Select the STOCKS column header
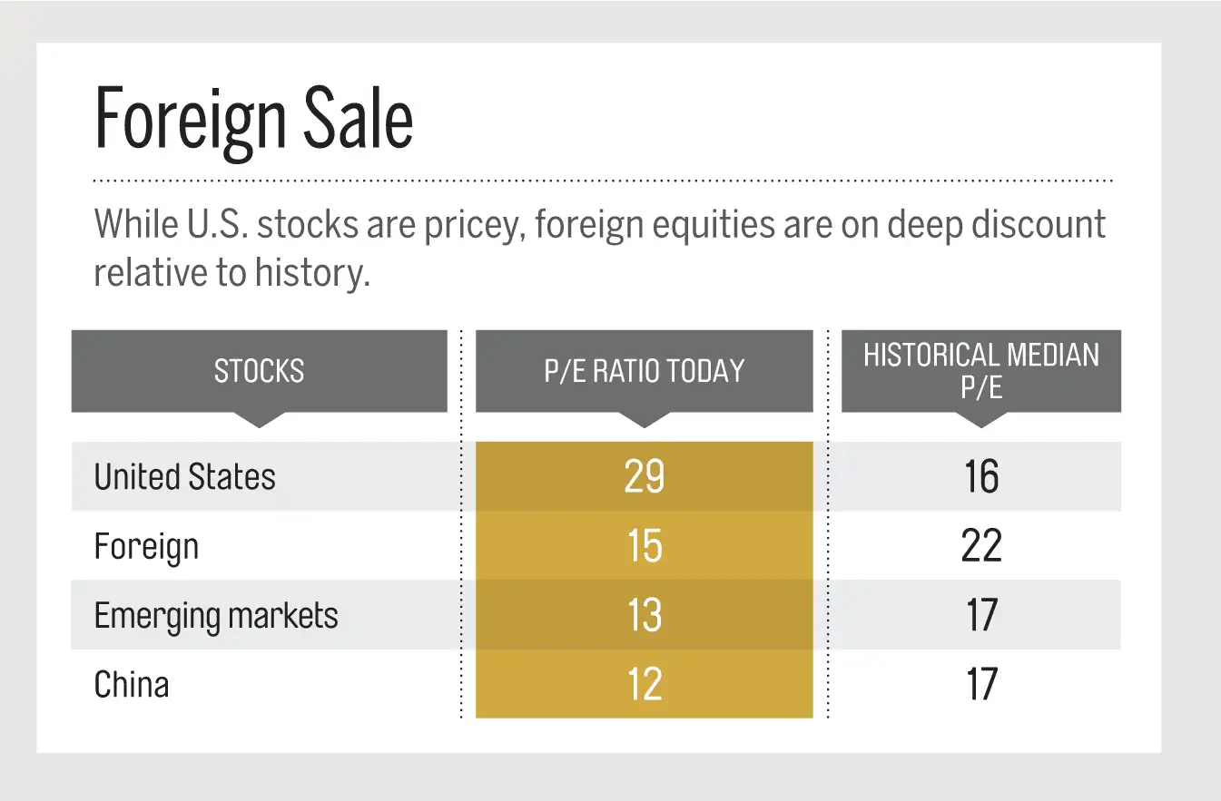click(x=259, y=370)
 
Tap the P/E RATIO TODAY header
click(x=644, y=370)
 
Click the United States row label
click(x=184, y=476)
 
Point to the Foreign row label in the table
click(x=146, y=547)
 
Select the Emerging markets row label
click(x=216, y=616)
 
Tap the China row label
click(x=132, y=684)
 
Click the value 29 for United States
click(x=644, y=477)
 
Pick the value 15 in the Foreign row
click(x=644, y=547)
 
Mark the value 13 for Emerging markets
click(x=644, y=616)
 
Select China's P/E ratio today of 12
click(x=644, y=684)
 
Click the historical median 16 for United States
click(x=981, y=477)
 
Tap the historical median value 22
click(x=981, y=547)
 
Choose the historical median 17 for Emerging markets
click(x=981, y=616)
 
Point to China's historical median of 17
click(x=981, y=684)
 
